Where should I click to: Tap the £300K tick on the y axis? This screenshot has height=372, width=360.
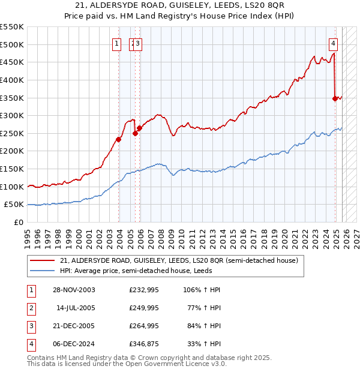[12, 115]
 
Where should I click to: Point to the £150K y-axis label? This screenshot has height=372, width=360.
[12, 169]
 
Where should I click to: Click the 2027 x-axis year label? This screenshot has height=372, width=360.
[356, 234]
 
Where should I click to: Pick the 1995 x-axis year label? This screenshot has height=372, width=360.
[27, 234]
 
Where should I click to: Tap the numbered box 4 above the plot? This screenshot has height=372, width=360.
[333, 43]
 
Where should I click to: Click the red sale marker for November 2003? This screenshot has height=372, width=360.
[119, 140]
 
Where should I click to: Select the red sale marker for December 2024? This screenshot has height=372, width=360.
[335, 99]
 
